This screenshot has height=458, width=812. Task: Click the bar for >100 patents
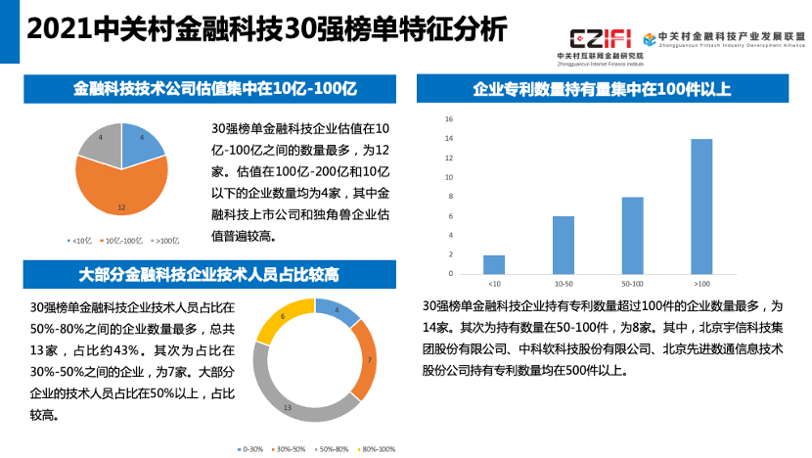(x=701, y=206)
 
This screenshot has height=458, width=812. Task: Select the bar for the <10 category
(x=494, y=264)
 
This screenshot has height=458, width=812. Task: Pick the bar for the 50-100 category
(x=633, y=235)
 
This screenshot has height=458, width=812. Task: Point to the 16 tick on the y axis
(x=449, y=119)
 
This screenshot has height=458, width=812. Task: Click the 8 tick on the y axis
(x=449, y=197)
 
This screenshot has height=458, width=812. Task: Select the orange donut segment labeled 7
(x=361, y=359)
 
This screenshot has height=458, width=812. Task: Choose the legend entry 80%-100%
(x=376, y=449)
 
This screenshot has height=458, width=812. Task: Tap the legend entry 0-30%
(x=250, y=449)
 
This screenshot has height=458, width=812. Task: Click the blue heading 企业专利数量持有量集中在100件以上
(x=602, y=89)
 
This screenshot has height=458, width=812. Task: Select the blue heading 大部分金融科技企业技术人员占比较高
(x=203, y=272)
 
